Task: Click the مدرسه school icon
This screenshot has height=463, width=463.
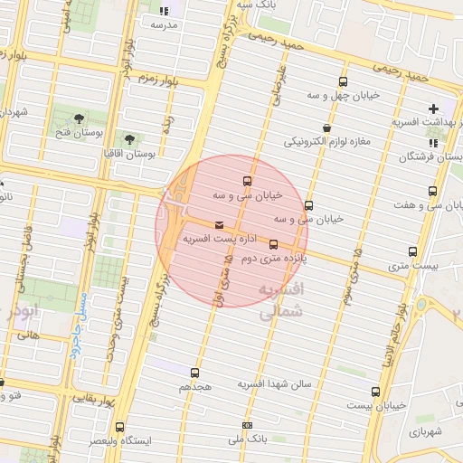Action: (164, 12)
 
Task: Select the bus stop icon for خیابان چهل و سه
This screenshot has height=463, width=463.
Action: (343, 82)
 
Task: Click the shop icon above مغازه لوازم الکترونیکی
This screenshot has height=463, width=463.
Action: (326, 129)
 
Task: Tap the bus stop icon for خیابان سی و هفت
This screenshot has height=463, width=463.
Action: (432, 191)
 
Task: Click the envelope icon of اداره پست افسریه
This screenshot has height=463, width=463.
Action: (219, 225)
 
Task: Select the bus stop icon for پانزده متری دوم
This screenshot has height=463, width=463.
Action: (273, 244)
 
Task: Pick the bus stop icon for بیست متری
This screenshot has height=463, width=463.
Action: (413, 251)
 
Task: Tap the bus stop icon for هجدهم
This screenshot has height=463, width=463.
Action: (194, 372)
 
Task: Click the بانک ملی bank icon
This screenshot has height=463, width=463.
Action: (248, 424)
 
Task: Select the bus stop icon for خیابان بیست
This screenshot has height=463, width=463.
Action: (375, 391)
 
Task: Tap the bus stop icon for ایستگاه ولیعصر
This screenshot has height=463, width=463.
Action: (119, 426)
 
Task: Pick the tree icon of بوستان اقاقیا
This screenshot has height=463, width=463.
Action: (129, 140)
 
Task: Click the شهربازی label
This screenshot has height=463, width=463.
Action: (423, 431)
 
